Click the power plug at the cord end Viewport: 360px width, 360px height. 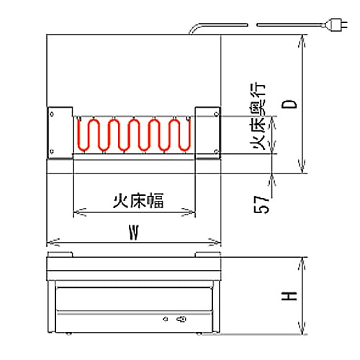click(x=336, y=24)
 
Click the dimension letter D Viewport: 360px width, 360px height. click(x=289, y=104)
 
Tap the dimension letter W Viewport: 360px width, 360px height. click(x=134, y=233)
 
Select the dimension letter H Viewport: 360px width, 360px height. click(x=289, y=296)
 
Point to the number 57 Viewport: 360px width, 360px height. click(x=261, y=204)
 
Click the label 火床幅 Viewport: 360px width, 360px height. click(x=138, y=200)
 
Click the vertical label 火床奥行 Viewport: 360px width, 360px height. click(x=258, y=117)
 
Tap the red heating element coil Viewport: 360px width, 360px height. click(x=134, y=135)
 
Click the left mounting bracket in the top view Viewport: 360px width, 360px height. click(x=60, y=132)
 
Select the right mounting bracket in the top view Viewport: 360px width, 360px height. click(x=208, y=132)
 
